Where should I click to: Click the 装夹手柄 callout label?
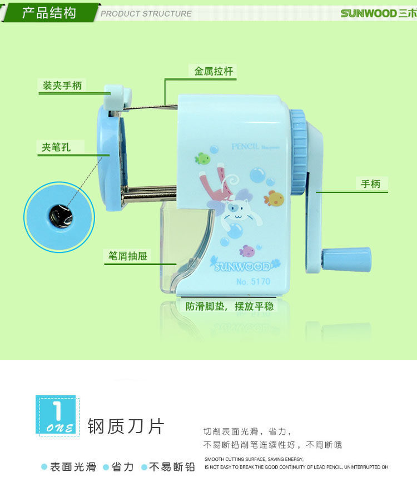62,86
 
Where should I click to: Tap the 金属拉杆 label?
214,72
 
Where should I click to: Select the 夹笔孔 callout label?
56,147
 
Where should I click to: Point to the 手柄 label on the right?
371,184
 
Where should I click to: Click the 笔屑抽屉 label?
127,256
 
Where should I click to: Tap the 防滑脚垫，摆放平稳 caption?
230,306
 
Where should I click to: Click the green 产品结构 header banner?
49,13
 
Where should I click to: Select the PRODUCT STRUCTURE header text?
146,14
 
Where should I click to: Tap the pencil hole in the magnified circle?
59,215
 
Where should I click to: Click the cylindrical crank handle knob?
346,259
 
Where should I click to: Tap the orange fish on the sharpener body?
274,198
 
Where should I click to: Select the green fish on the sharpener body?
203,159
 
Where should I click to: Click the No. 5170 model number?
253,281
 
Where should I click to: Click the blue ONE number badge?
57,415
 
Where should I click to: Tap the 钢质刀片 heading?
126,426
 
